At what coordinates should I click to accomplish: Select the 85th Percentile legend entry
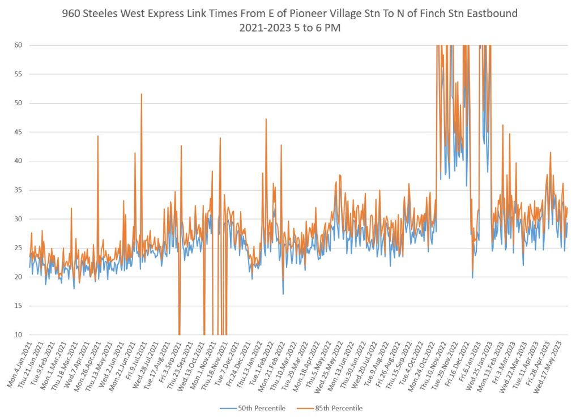coord(338,408)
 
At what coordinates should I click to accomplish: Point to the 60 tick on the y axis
coord(18,45)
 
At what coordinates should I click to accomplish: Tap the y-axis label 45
coord(18,132)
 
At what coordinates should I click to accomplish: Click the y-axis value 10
coord(18,335)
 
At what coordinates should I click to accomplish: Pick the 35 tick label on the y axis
coord(18,190)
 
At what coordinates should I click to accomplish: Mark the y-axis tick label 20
coord(18,277)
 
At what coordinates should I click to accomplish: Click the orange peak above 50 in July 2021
coord(142,95)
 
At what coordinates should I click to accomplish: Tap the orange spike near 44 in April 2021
coord(98,136)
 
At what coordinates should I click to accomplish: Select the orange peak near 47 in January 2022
coord(266,119)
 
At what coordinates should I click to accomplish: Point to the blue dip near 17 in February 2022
coord(283,293)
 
